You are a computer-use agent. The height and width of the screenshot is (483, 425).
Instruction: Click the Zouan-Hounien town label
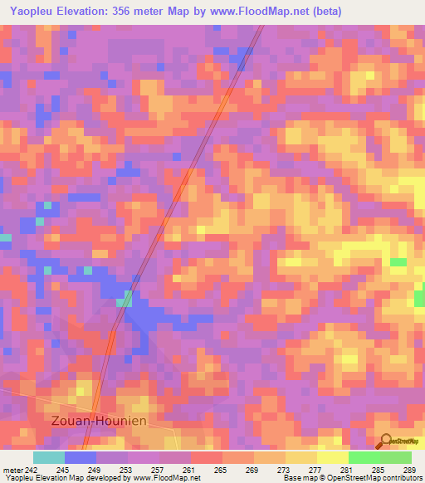coord(97,421)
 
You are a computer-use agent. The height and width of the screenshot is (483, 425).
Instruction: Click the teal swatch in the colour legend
coord(48,457)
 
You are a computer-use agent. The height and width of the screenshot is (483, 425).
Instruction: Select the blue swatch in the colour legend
coord(81,457)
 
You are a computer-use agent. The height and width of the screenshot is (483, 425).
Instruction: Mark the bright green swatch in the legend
coord(364,457)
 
